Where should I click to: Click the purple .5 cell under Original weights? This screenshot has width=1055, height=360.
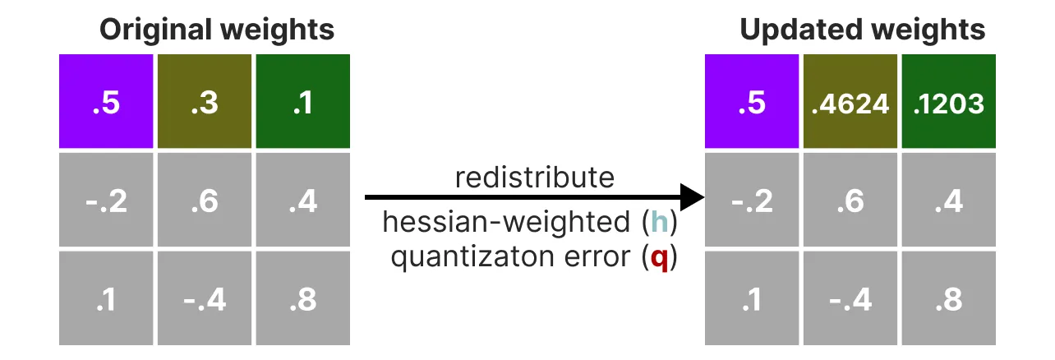pyautogui.click(x=106, y=101)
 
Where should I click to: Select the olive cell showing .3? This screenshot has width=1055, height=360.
pyautogui.click(x=205, y=101)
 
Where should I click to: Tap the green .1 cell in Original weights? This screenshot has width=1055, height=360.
pyautogui.click(x=303, y=101)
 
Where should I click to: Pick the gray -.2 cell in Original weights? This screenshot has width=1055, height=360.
pyautogui.click(x=106, y=200)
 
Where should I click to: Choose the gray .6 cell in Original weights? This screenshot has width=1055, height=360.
pyautogui.click(x=205, y=200)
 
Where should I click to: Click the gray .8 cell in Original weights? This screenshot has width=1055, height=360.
pyautogui.click(x=303, y=298)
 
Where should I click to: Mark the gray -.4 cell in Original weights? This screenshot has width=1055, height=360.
pyautogui.click(x=205, y=298)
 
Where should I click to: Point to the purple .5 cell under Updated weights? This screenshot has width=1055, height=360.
pyautogui.click(x=752, y=101)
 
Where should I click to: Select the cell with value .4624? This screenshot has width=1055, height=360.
pyautogui.click(x=850, y=101)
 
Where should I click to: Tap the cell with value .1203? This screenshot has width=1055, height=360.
pyautogui.click(x=948, y=101)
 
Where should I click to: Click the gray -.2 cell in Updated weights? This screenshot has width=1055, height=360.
pyautogui.click(x=752, y=200)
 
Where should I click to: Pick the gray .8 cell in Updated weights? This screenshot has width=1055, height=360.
pyautogui.click(x=948, y=298)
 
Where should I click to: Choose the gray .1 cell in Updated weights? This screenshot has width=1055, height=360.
pyautogui.click(x=752, y=298)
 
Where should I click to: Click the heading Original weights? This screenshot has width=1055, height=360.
pyautogui.click(x=217, y=30)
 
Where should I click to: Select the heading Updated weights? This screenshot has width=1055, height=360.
pyautogui.click(x=863, y=30)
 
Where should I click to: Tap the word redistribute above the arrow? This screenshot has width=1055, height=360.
pyautogui.click(x=535, y=178)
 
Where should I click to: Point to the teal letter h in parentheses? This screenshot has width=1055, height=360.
pyautogui.click(x=659, y=221)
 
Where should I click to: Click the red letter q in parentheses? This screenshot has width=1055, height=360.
pyautogui.click(x=659, y=259)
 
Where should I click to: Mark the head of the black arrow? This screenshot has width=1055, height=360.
pyautogui.click(x=693, y=197)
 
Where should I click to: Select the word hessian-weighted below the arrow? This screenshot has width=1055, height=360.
pyautogui.click(x=506, y=221)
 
